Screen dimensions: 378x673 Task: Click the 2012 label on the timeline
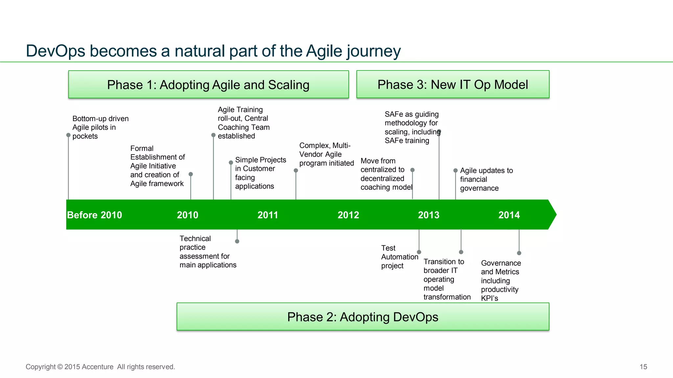(348, 215)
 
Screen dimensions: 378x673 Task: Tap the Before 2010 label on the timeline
(95, 215)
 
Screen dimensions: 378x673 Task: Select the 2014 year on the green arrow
(509, 215)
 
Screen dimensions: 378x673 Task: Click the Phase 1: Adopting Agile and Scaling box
(208, 85)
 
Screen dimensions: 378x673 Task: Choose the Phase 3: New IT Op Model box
(453, 84)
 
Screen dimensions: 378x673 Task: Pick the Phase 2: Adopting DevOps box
(362, 317)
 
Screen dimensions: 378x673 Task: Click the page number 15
(643, 367)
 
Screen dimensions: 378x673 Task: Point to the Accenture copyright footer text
(100, 367)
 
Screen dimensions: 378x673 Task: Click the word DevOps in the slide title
(56, 51)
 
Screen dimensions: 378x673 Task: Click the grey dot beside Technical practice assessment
(237, 241)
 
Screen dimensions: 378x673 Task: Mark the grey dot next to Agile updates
(455, 171)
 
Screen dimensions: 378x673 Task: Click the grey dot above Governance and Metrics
(519, 253)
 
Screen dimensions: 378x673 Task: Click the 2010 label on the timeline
(188, 215)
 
